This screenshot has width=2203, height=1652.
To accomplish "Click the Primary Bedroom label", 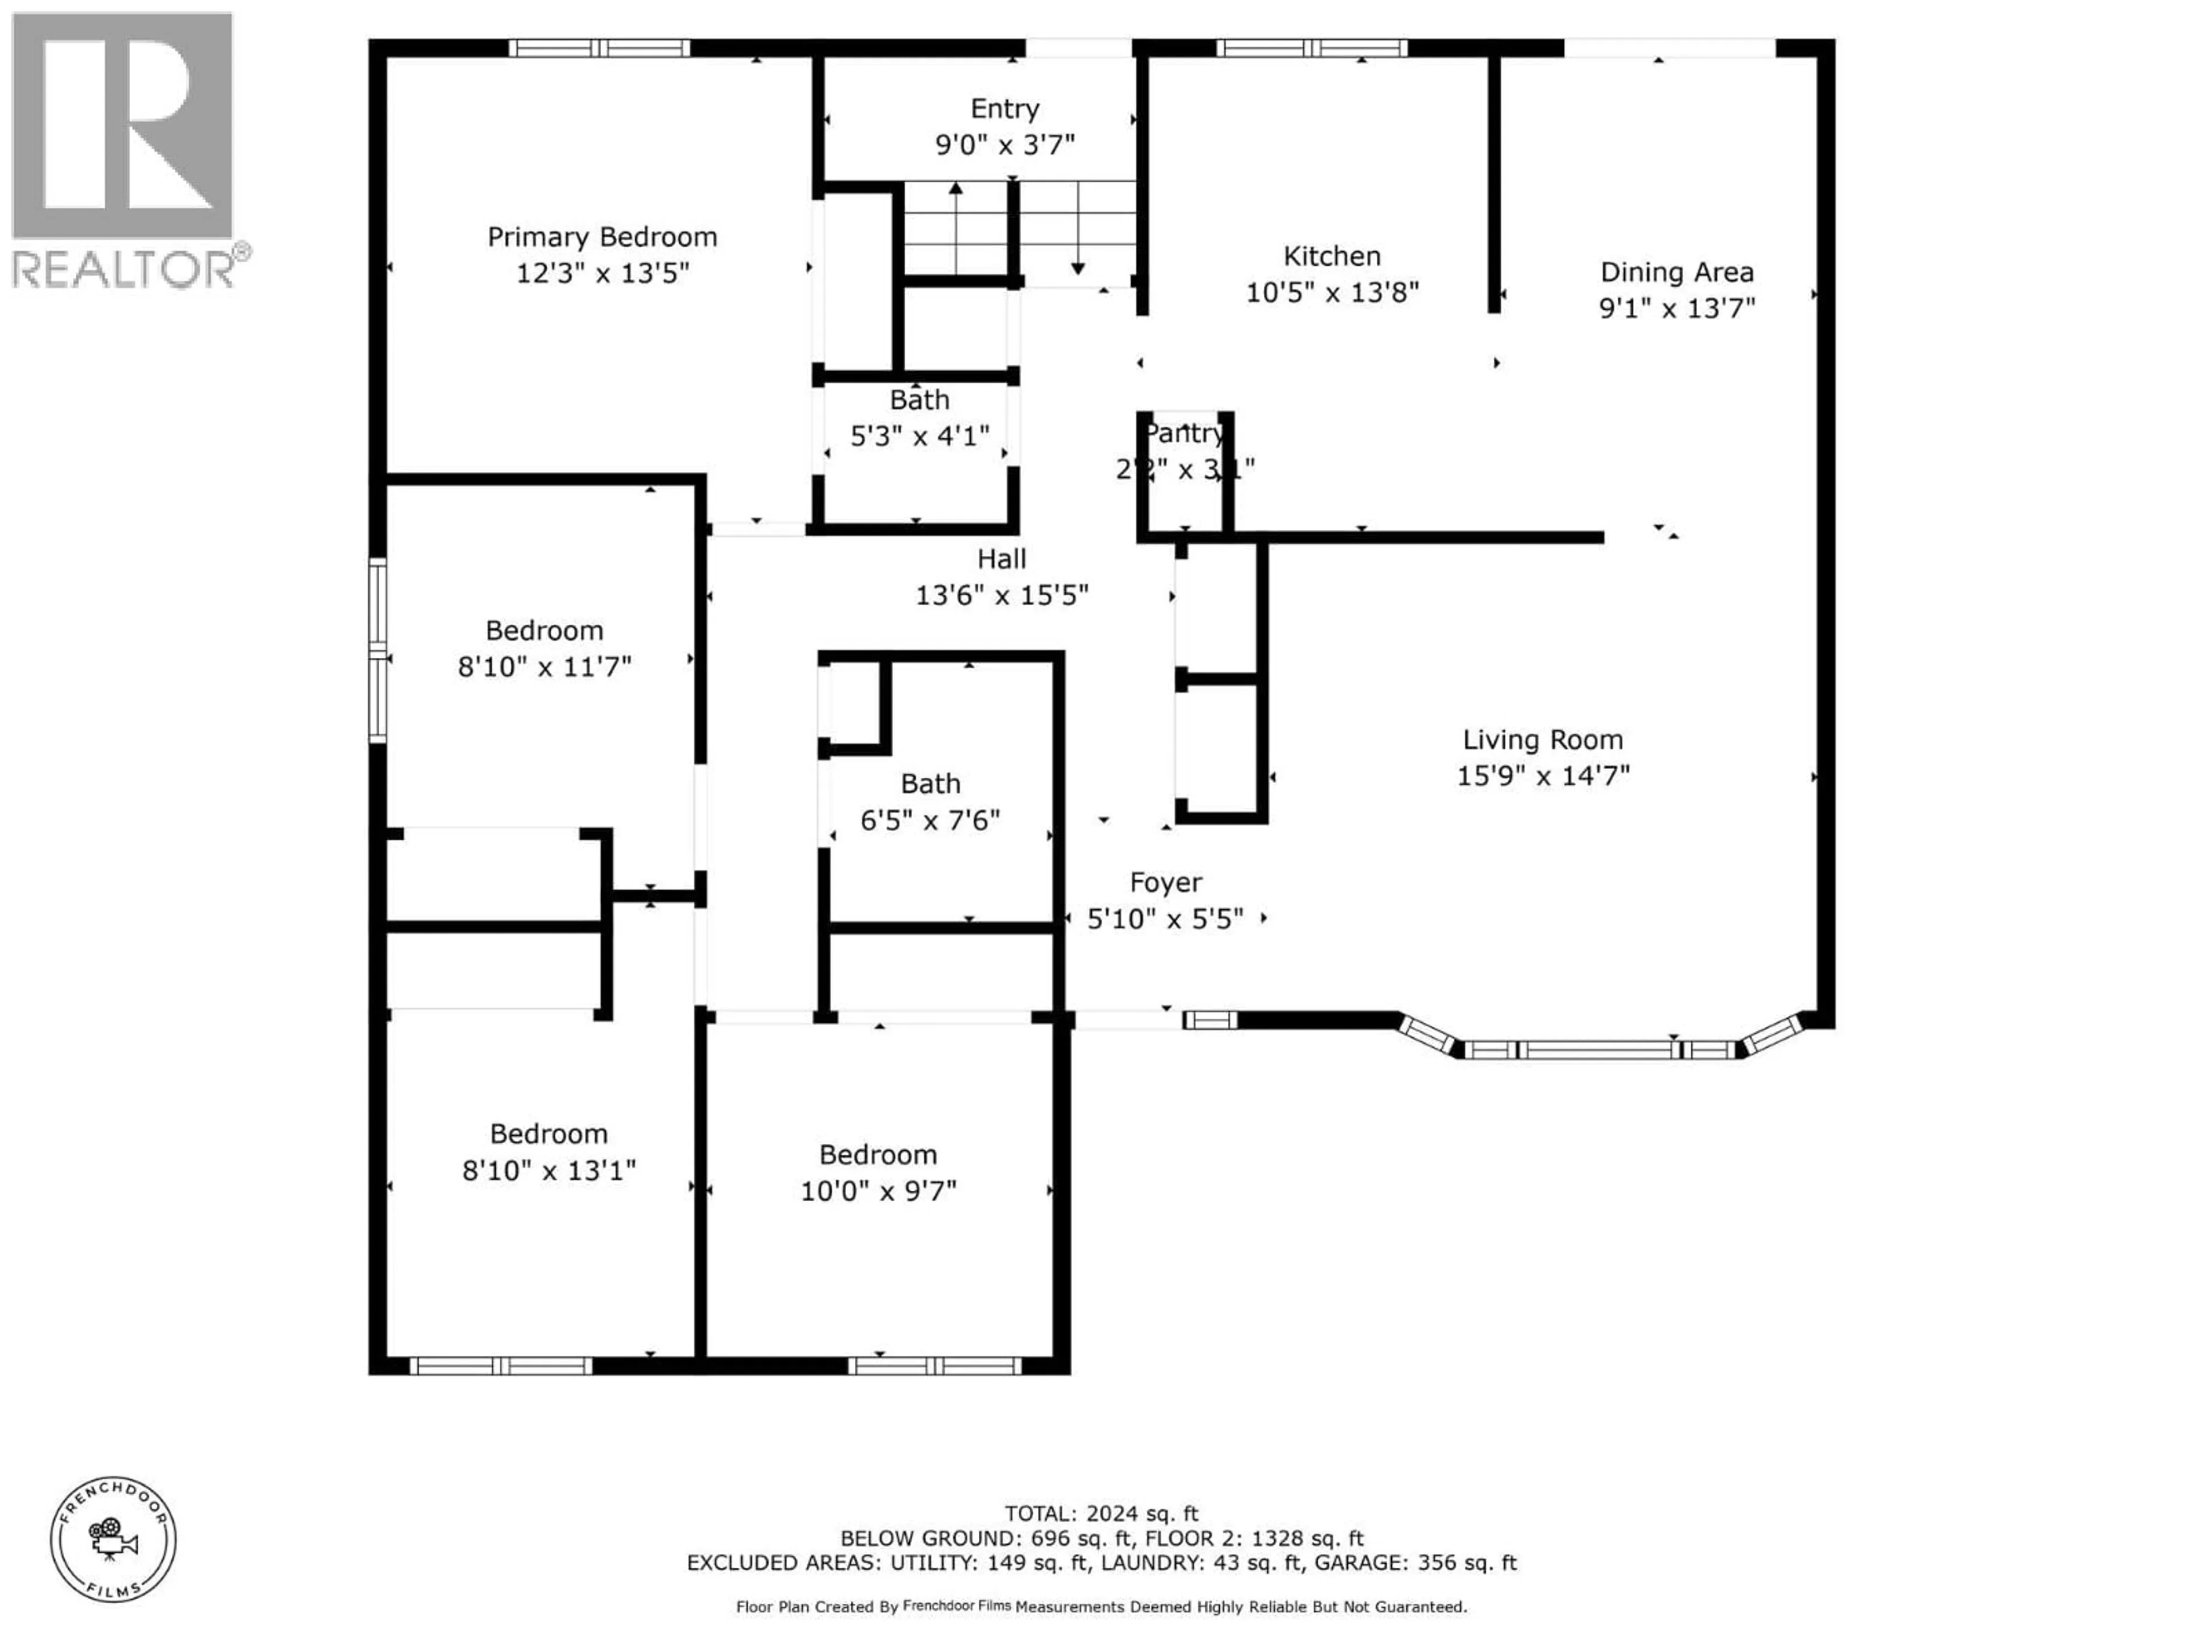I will click(602, 237).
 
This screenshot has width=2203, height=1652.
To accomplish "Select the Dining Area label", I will click(1676, 272).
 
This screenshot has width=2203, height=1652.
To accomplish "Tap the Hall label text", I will click(1001, 560).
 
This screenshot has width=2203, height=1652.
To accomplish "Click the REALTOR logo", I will click(124, 149).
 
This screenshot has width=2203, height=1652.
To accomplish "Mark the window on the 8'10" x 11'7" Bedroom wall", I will click(377, 650).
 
